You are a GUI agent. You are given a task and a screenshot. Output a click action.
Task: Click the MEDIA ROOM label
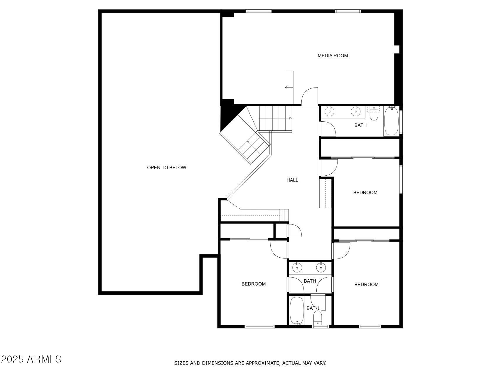pyautogui.click(x=333, y=56)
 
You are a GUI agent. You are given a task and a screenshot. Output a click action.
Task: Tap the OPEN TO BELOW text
pyautogui.click(x=166, y=167)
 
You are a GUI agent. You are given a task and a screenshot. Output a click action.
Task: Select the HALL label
pyautogui.click(x=292, y=180)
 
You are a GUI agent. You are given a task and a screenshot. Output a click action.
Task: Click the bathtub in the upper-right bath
pyautogui.click(x=391, y=122)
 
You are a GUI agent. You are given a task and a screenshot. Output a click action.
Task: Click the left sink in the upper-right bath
pyautogui.click(x=330, y=111)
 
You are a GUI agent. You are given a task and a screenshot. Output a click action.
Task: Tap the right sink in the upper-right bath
pyautogui.click(x=355, y=111)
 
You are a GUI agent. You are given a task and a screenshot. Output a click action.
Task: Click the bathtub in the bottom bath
pyautogui.click(x=296, y=310)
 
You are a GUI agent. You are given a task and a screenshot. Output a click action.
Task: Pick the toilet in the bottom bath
pyautogui.click(x=318, y=318)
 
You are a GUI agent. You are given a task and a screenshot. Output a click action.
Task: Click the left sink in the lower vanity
pyautogui.click(x=297, y=267)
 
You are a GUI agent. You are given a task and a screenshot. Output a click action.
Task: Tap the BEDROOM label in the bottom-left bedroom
pyautogui.click(x=254, y=284)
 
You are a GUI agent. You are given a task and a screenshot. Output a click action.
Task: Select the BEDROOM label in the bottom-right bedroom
pyautogui.click(x=366, y=284)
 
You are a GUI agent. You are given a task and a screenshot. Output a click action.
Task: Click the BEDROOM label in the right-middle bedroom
pyautogui.click(x=365, y=192)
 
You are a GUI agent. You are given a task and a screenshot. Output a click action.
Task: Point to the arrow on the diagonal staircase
pyautogui.click(x=248, y=143)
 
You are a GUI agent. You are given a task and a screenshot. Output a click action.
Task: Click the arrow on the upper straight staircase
pyautogui.click(x=290, y=118)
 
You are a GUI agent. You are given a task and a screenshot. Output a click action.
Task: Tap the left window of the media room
pyautogui.click(x=258, y=11)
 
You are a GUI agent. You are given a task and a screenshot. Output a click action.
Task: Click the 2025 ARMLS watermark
pyautogui.click(x=31, y=359)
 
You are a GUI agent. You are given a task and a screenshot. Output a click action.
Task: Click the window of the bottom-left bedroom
pyautogui.click(x=259, y=326)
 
